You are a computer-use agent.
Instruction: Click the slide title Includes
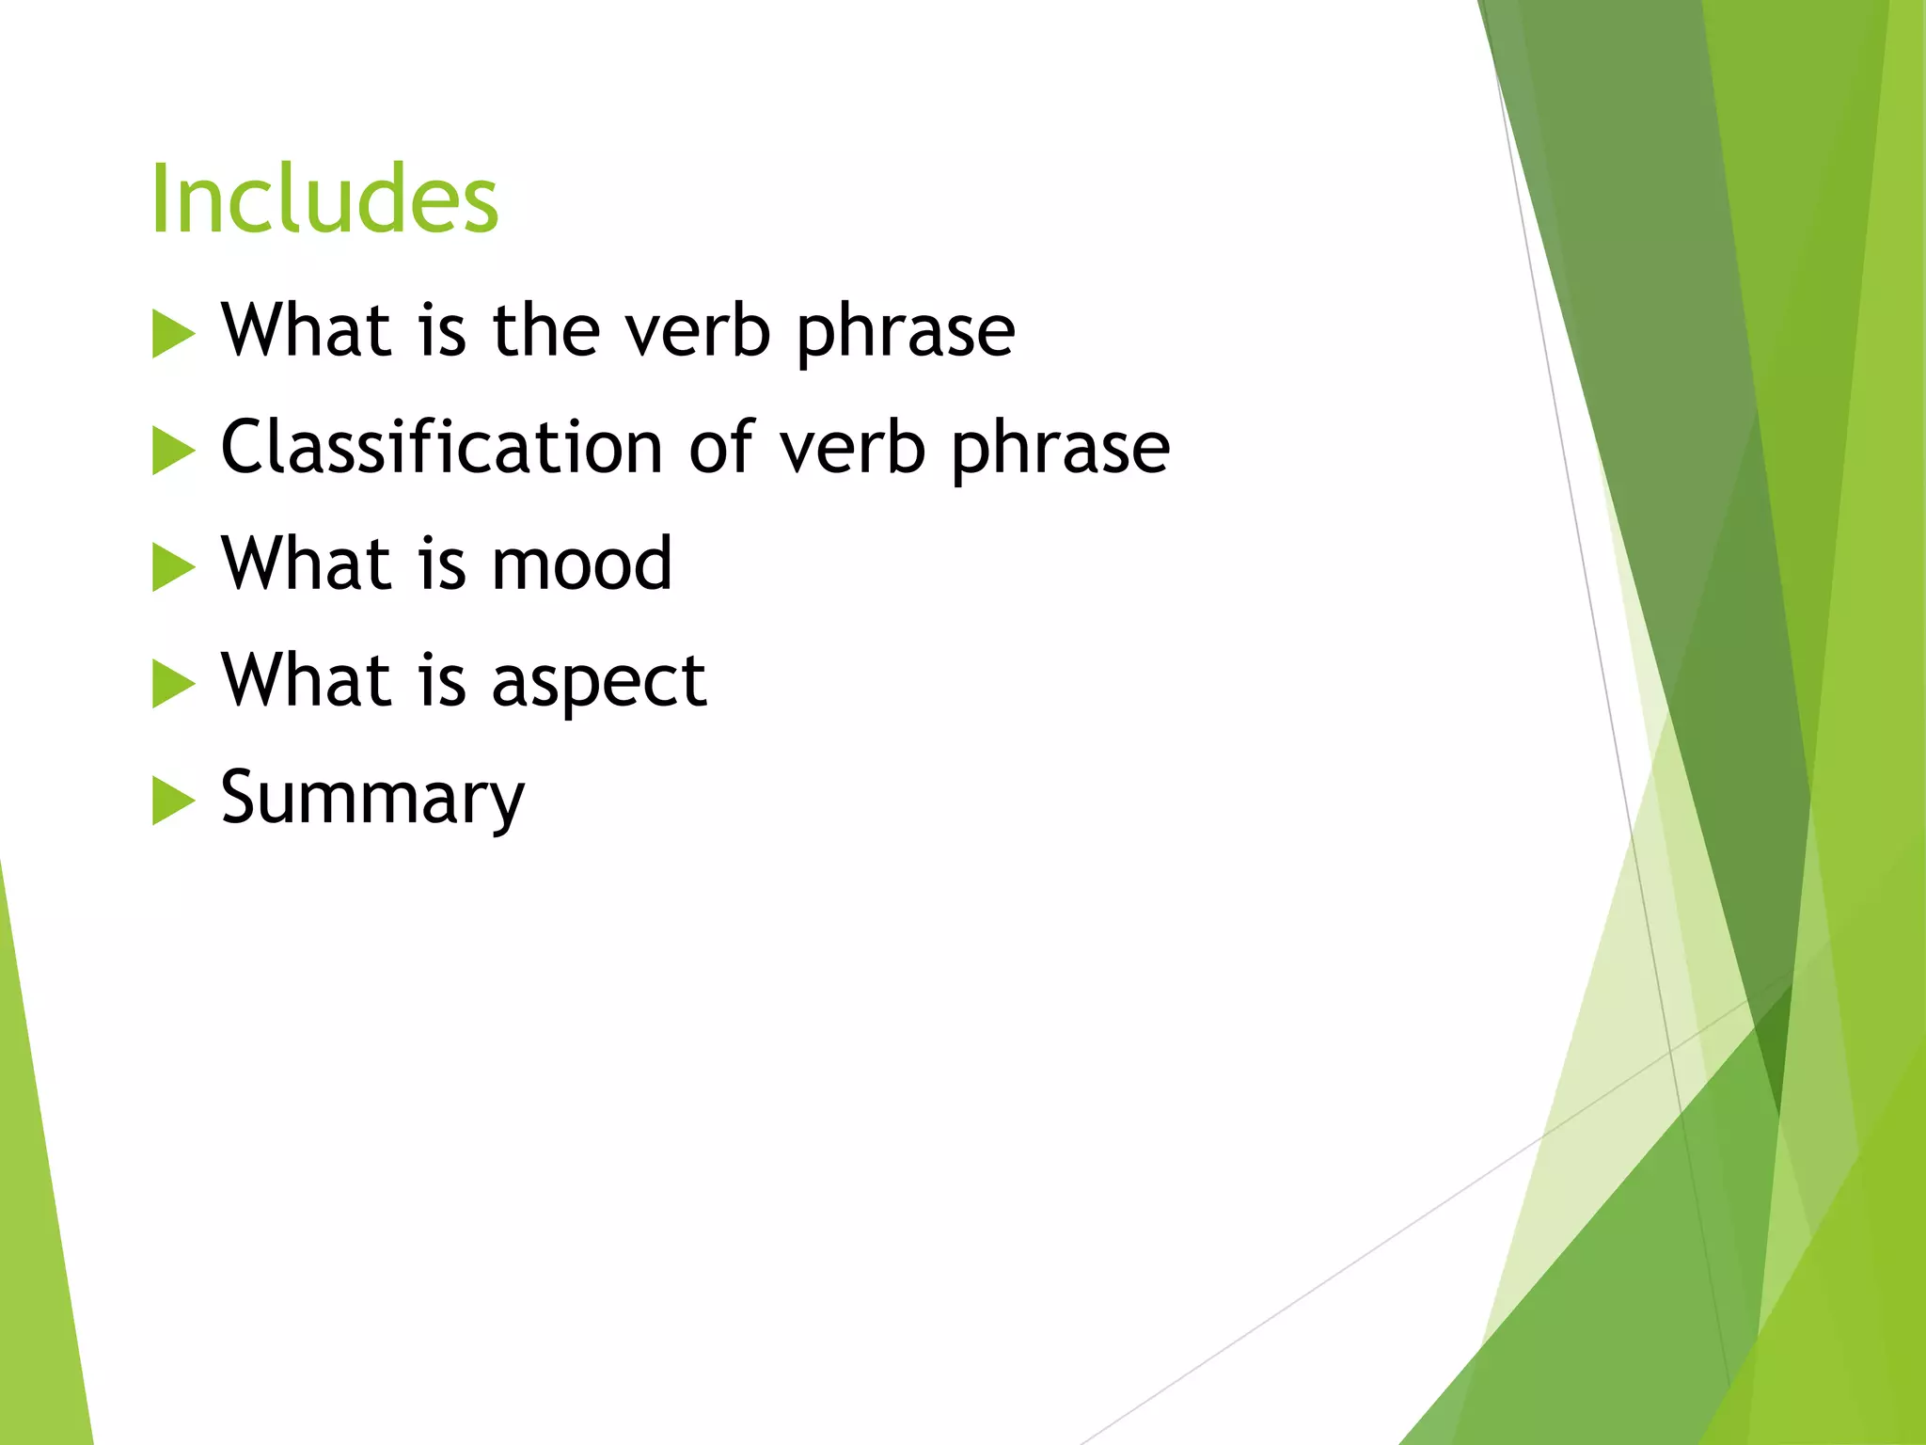324,198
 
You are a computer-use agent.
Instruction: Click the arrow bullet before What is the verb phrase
172,336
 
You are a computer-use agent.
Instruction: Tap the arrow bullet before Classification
172,452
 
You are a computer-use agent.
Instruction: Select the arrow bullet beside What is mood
172,568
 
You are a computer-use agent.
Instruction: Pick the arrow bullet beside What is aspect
172,685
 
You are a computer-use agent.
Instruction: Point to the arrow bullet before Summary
172,802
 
